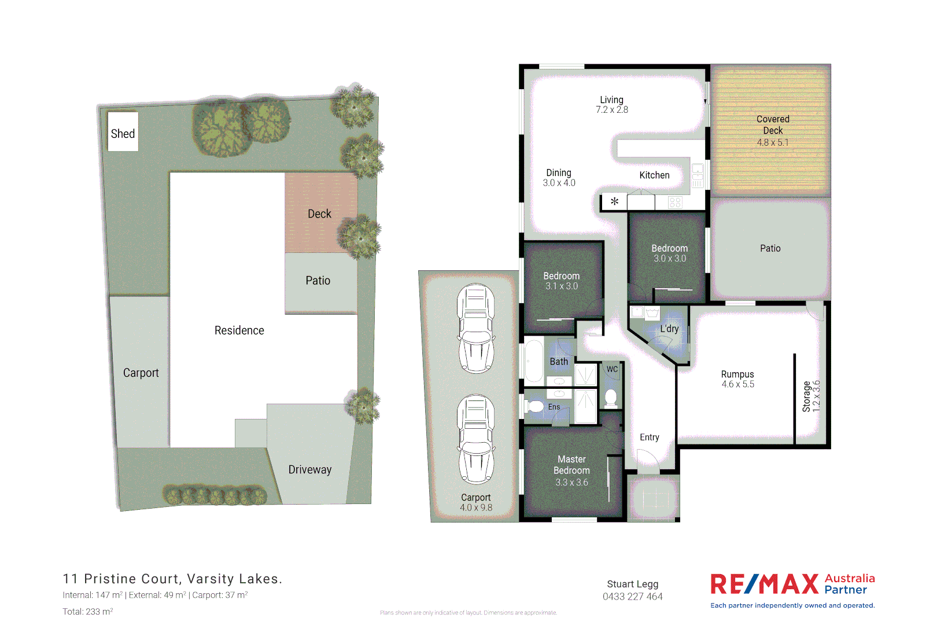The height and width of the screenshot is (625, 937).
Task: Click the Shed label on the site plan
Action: click(123, 134)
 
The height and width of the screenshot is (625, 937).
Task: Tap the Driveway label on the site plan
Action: click(310, 469)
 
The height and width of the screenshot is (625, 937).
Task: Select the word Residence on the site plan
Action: click(239, 330)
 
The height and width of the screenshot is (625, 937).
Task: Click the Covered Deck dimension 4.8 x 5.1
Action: click(773, 142)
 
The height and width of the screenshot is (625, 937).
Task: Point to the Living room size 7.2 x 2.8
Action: click(612, 110)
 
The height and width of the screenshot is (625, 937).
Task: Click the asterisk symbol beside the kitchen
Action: click(614, 201)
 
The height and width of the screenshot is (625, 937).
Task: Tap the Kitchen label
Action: click(654, 175)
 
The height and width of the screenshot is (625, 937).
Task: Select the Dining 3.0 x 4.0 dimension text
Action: click(559, 183)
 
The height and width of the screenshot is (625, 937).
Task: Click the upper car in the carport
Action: click(476, 328)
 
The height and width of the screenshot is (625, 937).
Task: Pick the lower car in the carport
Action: click(476, 439)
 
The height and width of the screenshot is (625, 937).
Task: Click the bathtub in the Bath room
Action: click(533, 361)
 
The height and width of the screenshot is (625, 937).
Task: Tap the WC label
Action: click(612, 369)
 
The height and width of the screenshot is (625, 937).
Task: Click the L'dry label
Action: click(669, 329)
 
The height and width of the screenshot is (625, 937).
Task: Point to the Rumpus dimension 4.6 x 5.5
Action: click(737, 384)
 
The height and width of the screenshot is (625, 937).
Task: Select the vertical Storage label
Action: click(806, 396)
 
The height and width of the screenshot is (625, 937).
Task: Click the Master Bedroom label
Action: click(571, 465)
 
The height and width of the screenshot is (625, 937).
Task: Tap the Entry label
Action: click(649, 437)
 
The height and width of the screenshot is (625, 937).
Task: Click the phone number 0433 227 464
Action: click(632, 597)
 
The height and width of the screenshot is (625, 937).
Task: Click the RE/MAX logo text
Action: click(764, 584)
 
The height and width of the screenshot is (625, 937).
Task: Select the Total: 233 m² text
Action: click(88, 612)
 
